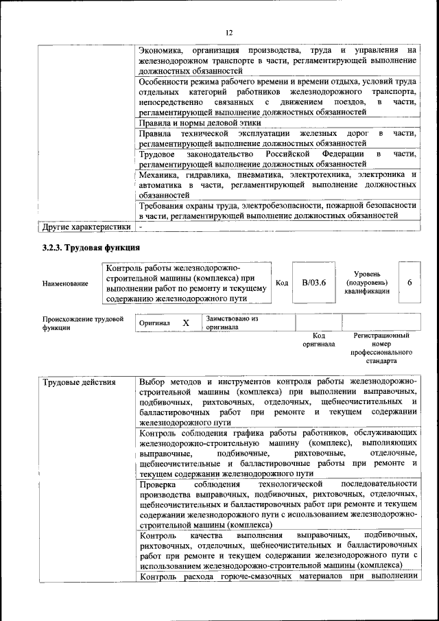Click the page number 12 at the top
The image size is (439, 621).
[x=230, y=32]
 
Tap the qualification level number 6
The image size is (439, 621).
[x=410, y=283]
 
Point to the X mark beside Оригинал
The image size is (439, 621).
[x=185, y=323]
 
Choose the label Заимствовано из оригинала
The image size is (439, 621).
[x=232, y=323]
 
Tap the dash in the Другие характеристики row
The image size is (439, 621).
[x=141, y=226]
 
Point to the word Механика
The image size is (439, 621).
[x=158, y=175]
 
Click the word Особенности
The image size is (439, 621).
[x=167, y=81]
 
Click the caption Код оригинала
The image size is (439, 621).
[x=318, y=340]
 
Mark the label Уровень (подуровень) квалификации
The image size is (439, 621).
[x=368, y=282]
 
